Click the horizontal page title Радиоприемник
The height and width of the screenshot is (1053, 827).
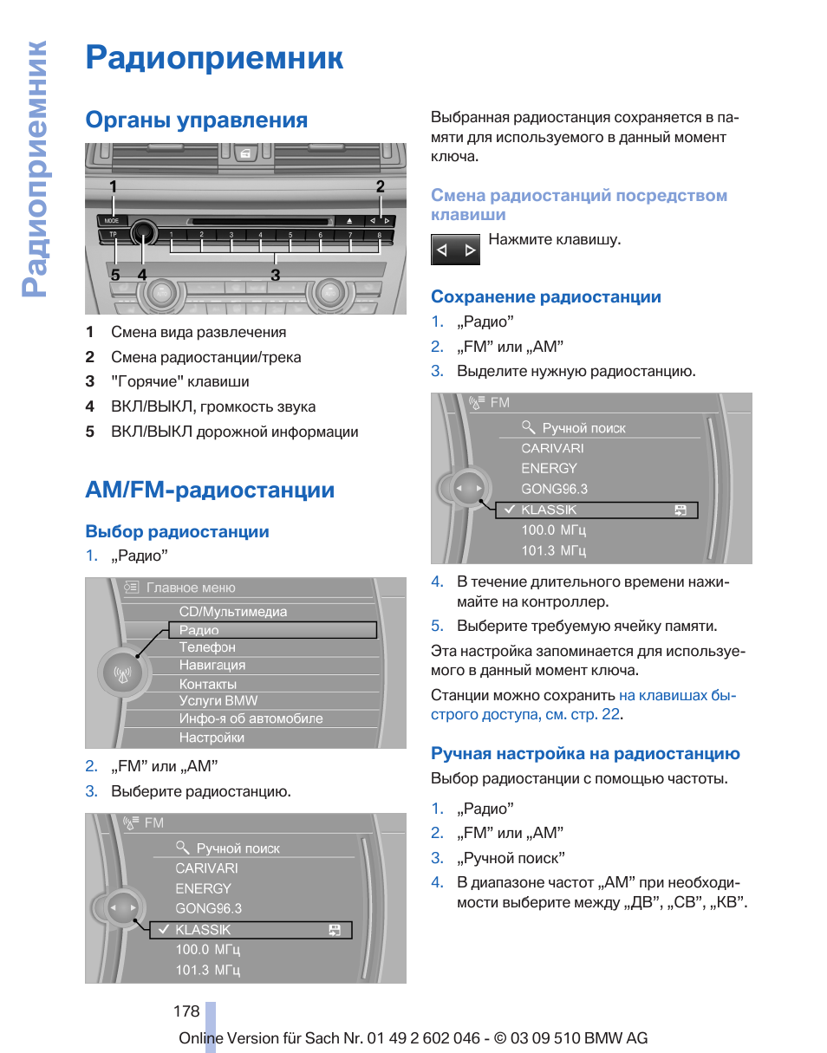214,58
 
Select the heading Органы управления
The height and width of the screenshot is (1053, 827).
196,120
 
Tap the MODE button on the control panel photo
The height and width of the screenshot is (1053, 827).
112,220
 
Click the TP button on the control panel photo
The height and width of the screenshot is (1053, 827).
112,234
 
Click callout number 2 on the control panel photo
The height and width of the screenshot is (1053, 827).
380,186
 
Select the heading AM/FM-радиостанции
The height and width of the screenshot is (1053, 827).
210,490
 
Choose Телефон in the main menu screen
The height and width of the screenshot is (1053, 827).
207,647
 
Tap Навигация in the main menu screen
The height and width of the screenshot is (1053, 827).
212,666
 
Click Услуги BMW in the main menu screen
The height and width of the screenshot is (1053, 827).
218,701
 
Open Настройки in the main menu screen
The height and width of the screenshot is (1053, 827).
212,738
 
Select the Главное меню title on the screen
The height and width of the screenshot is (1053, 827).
191,588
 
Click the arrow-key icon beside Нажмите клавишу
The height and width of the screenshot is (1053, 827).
455,250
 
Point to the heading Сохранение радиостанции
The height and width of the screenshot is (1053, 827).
546,297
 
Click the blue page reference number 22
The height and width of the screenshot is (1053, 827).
611,714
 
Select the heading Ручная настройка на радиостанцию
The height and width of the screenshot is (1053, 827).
585,754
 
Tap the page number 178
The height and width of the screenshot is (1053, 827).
186,1011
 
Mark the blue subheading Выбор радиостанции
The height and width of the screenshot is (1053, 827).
177,531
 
